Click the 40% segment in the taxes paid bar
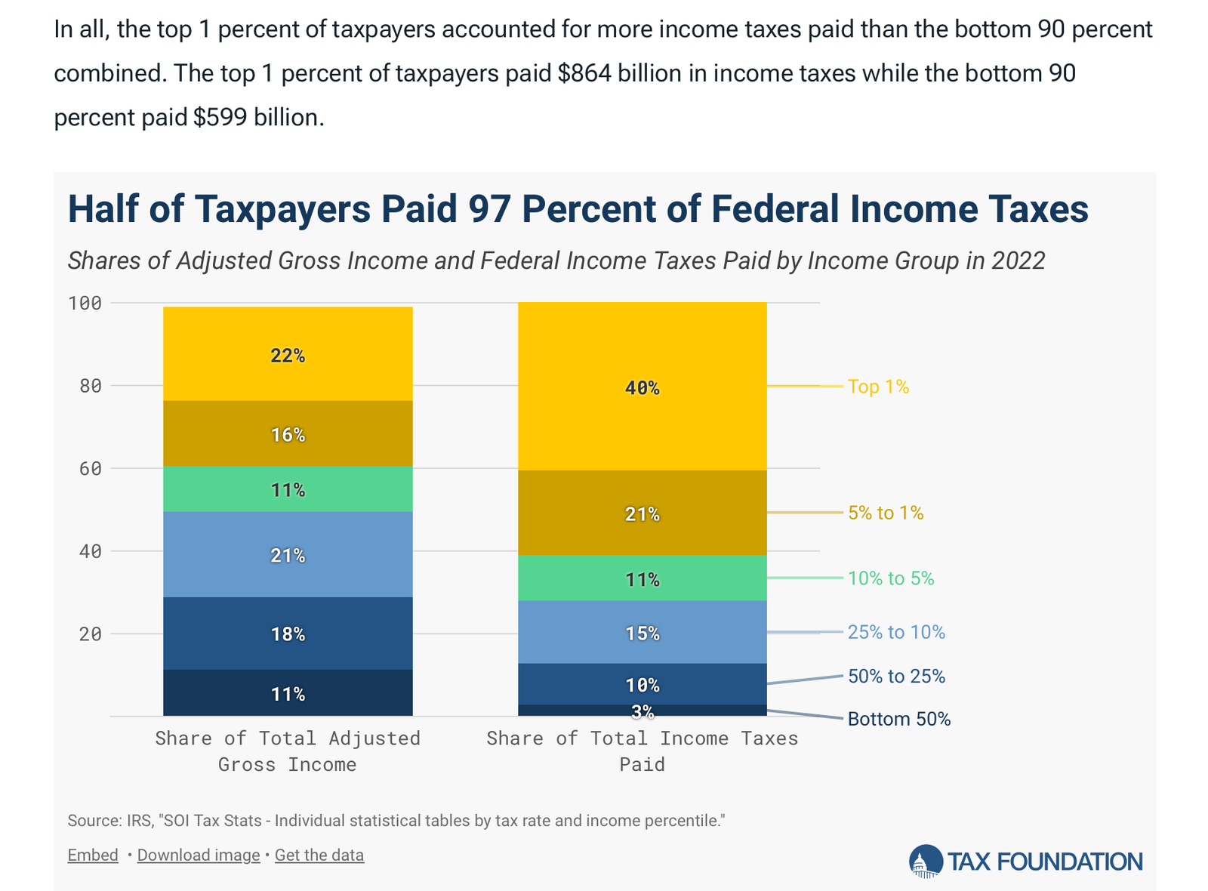pos(642,387)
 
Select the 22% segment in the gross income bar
pos(288,355)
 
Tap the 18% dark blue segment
pos(288,634)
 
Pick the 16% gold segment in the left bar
pos(288,434)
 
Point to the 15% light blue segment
pos(642,633)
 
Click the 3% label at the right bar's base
pos(643,711)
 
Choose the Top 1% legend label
pos(878,387)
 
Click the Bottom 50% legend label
pos(898,719)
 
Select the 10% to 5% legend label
pos(891,578)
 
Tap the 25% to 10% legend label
pos(896,632)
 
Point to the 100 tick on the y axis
pos(85,304)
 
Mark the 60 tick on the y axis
pos(90,469)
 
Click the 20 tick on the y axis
pos(90,634)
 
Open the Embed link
pos(93,855)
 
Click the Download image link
pos(199,855)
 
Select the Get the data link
pos(319,855)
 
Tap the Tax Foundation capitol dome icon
pos(926,861)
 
